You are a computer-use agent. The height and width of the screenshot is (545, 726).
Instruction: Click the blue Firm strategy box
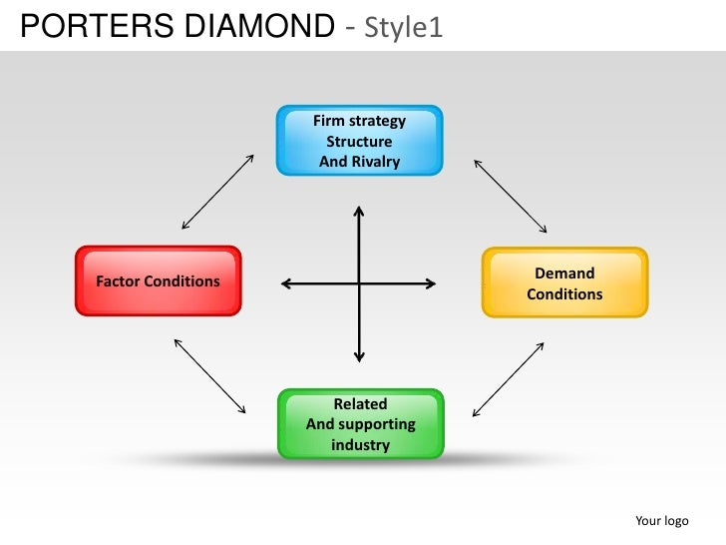(360, 141)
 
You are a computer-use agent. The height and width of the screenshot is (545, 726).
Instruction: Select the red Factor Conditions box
(158, 281)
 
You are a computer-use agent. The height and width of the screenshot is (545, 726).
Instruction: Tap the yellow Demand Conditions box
(564, 283)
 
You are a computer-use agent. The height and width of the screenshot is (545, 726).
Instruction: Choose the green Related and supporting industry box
(360, 424)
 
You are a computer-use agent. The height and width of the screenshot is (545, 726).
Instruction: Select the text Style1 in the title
(404, 28)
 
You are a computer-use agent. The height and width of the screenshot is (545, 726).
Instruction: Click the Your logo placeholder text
(661, 521)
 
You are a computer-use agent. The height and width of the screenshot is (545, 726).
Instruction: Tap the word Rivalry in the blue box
(374, 162)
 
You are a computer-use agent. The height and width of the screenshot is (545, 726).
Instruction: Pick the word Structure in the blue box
(359, 142)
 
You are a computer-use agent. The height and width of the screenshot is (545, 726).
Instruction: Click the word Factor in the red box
(119, 281)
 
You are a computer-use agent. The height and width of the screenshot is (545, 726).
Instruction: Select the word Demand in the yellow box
(564, 273)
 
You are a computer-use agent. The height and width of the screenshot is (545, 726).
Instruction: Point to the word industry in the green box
(360, 445)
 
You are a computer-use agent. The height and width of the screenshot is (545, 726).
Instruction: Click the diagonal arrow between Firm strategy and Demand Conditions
(510, 195)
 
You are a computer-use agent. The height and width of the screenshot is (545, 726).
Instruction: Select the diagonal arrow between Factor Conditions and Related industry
(210, 375)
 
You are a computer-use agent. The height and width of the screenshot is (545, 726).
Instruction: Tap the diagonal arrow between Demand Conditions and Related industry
(508, 379)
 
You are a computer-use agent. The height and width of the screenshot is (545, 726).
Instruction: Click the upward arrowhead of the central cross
(359, 211)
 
